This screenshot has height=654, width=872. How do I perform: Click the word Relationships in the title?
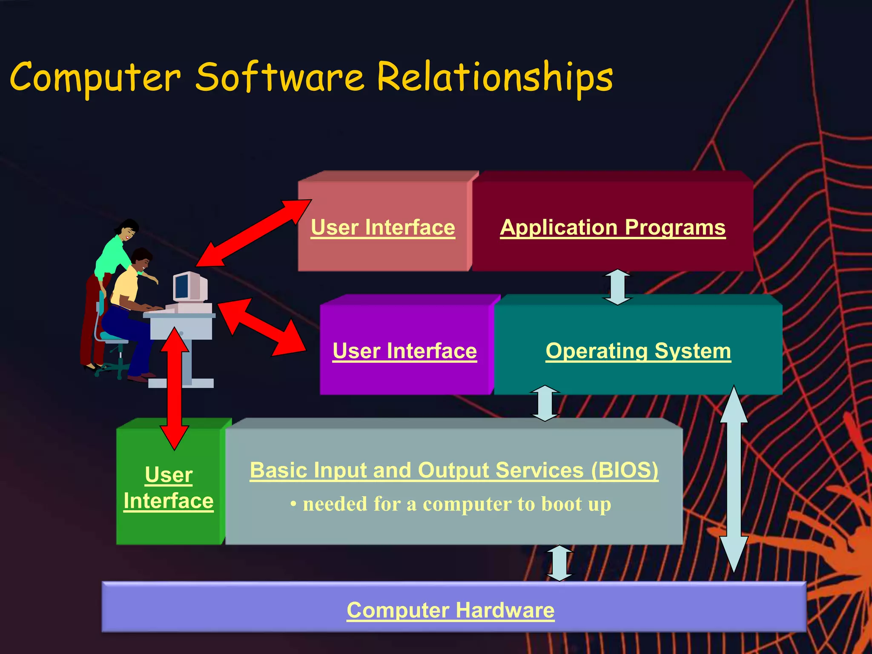(x=495, y=77)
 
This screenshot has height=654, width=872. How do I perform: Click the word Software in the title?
(x=280, y=77)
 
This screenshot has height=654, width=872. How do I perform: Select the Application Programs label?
(x=612, y=227)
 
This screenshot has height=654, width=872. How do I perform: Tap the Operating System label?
(x=638, y=351)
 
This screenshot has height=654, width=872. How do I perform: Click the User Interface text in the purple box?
(x=404, y=351)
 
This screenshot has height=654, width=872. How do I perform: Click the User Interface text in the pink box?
(x=382, y=227)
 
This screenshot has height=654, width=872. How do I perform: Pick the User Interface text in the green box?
(x=169, y=488)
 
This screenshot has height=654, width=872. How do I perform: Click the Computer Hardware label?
(x=450, y=610)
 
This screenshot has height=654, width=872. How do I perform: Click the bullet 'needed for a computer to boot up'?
(x=451, y=504)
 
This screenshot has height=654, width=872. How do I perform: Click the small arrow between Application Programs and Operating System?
(x=617, y=287)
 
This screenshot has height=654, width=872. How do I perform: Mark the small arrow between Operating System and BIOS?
(x=545, y=403)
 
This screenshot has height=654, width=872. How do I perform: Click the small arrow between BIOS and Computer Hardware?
(x=559, y=563)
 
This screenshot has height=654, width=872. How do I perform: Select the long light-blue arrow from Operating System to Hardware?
(x=734, y=479)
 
